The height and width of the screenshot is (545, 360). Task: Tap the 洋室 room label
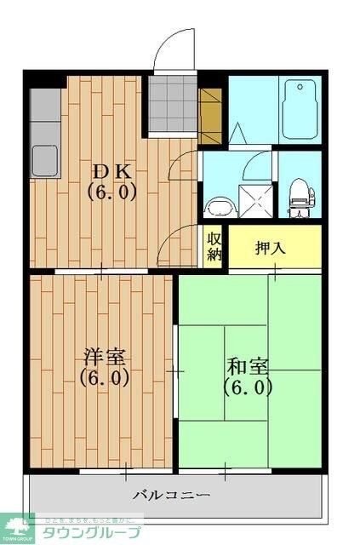point(105,355)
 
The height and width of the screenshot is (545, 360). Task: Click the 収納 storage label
point(213,245)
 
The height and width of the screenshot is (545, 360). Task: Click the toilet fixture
point(299,194)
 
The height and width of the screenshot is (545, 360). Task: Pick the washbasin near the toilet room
point(220,207)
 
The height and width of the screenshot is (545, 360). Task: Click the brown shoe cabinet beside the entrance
point(210,116)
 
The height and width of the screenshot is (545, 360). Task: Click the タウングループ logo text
point(98,531)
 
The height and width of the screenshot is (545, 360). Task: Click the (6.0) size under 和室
point(248,387)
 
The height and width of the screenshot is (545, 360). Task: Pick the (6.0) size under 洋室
point(105,377)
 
